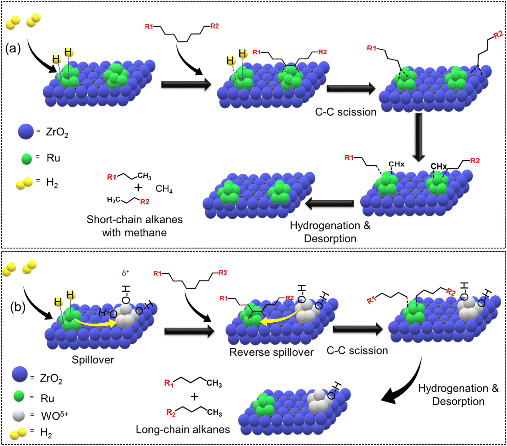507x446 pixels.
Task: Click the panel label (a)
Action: click(13, 49)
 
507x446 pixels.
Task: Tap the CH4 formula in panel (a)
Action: click(164, 189)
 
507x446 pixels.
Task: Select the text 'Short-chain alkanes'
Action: click(135, 220)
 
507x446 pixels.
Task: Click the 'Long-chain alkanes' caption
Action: click(183, 429)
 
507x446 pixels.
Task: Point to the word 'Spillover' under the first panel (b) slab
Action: click(93, 360)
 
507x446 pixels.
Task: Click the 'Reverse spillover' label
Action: click(271, 352)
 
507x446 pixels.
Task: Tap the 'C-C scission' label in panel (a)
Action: click(345, 112)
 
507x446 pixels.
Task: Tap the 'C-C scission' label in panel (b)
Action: click(357, 351)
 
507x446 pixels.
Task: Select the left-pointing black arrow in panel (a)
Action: click(329, 203)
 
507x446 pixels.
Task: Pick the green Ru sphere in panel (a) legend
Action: click(26, 159)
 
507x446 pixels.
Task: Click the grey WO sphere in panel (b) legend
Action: click(19, 416)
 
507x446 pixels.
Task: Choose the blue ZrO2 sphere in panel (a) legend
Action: click(26, 131)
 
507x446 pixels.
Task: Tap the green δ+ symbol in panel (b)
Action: click(125, 273)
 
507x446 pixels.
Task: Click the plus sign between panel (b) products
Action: click(194, 397)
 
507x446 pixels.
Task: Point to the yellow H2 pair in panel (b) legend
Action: click(18, 433)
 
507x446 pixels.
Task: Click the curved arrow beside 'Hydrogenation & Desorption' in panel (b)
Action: click(404, 385)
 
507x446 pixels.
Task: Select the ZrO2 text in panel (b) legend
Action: click(51, 378)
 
